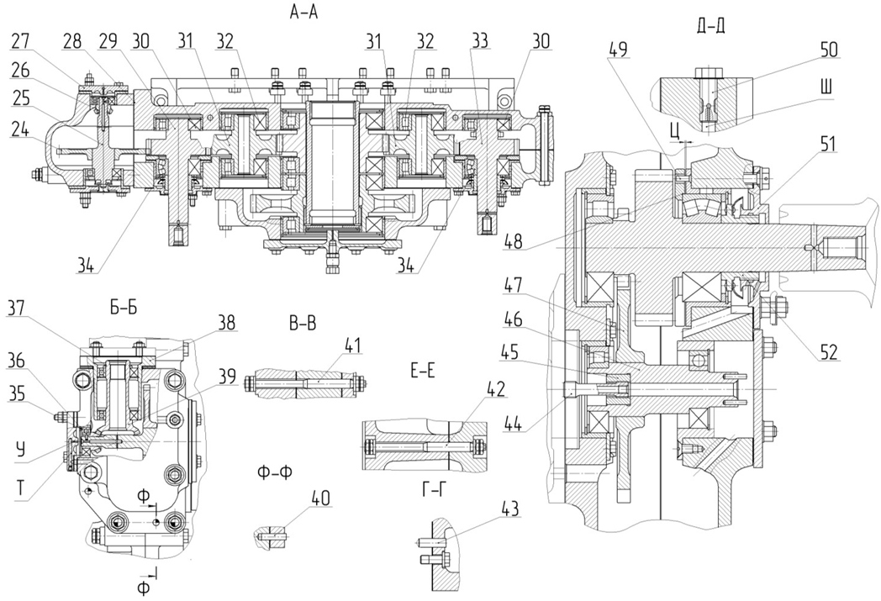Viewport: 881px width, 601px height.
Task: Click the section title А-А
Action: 304,12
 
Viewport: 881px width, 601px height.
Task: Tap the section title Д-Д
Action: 710,26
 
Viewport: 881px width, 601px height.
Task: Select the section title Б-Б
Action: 123,308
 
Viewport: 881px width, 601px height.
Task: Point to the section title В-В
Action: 303,324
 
